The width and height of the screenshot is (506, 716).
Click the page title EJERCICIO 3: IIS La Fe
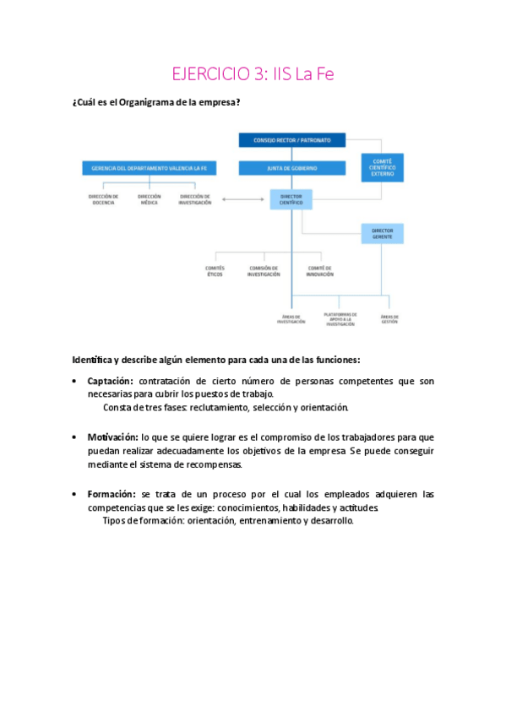pyautogui.click(x=253, y=74)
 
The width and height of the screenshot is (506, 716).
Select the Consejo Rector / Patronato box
pyautogui.click(x=291, y=139)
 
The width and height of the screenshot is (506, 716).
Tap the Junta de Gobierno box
pyautogui.click(x=291, y=169)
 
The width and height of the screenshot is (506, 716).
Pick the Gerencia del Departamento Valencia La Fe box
pyautogui.click(x=150, y=169)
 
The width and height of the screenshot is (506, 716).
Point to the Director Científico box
pyautogui.click(x=291, y=200)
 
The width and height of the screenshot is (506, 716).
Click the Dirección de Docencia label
pyautogui.click(x=103, y=200)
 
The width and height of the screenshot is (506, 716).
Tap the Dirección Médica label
pyautogui.click(x=150, y=200)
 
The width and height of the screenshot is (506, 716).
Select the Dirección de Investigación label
pyautogui.click(x=195, y=200)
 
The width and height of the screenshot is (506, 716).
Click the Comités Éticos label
pyautogui.click(x=215, y=272)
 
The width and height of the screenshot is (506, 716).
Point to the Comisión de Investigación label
pyautogui.click(x=264, y=272)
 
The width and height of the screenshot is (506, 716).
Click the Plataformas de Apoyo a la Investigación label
pyautogui.click(x=340, y=319)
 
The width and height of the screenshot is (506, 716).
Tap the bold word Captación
pyautogui.click(x=112, y=382)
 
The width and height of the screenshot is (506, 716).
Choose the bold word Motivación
pyautogui.click(x=112, y=437)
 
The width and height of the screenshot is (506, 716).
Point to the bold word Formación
pyautogui.click(x=111, y=494)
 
